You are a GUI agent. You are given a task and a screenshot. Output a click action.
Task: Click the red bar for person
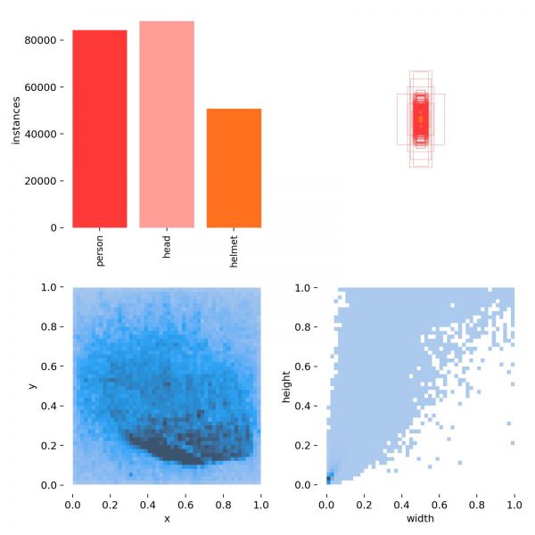pos(99,128)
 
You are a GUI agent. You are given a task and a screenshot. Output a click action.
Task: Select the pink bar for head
pos(167,124)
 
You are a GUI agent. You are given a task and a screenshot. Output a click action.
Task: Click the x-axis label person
pos(99,250)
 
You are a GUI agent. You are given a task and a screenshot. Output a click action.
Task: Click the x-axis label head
pos(167,246)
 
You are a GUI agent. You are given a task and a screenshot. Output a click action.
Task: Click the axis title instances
pos(15,121)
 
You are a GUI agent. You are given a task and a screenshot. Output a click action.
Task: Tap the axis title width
pos(420,518)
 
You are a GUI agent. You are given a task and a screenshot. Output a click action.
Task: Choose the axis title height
pos(286,386)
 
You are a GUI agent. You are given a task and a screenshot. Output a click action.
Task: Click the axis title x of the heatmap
pos(166,518)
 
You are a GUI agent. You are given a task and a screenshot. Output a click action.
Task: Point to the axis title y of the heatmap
pos(32,386)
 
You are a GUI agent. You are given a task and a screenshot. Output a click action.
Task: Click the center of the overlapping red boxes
pos(420,119)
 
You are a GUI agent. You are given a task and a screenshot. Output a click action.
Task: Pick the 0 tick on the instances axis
pos(54,228)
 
